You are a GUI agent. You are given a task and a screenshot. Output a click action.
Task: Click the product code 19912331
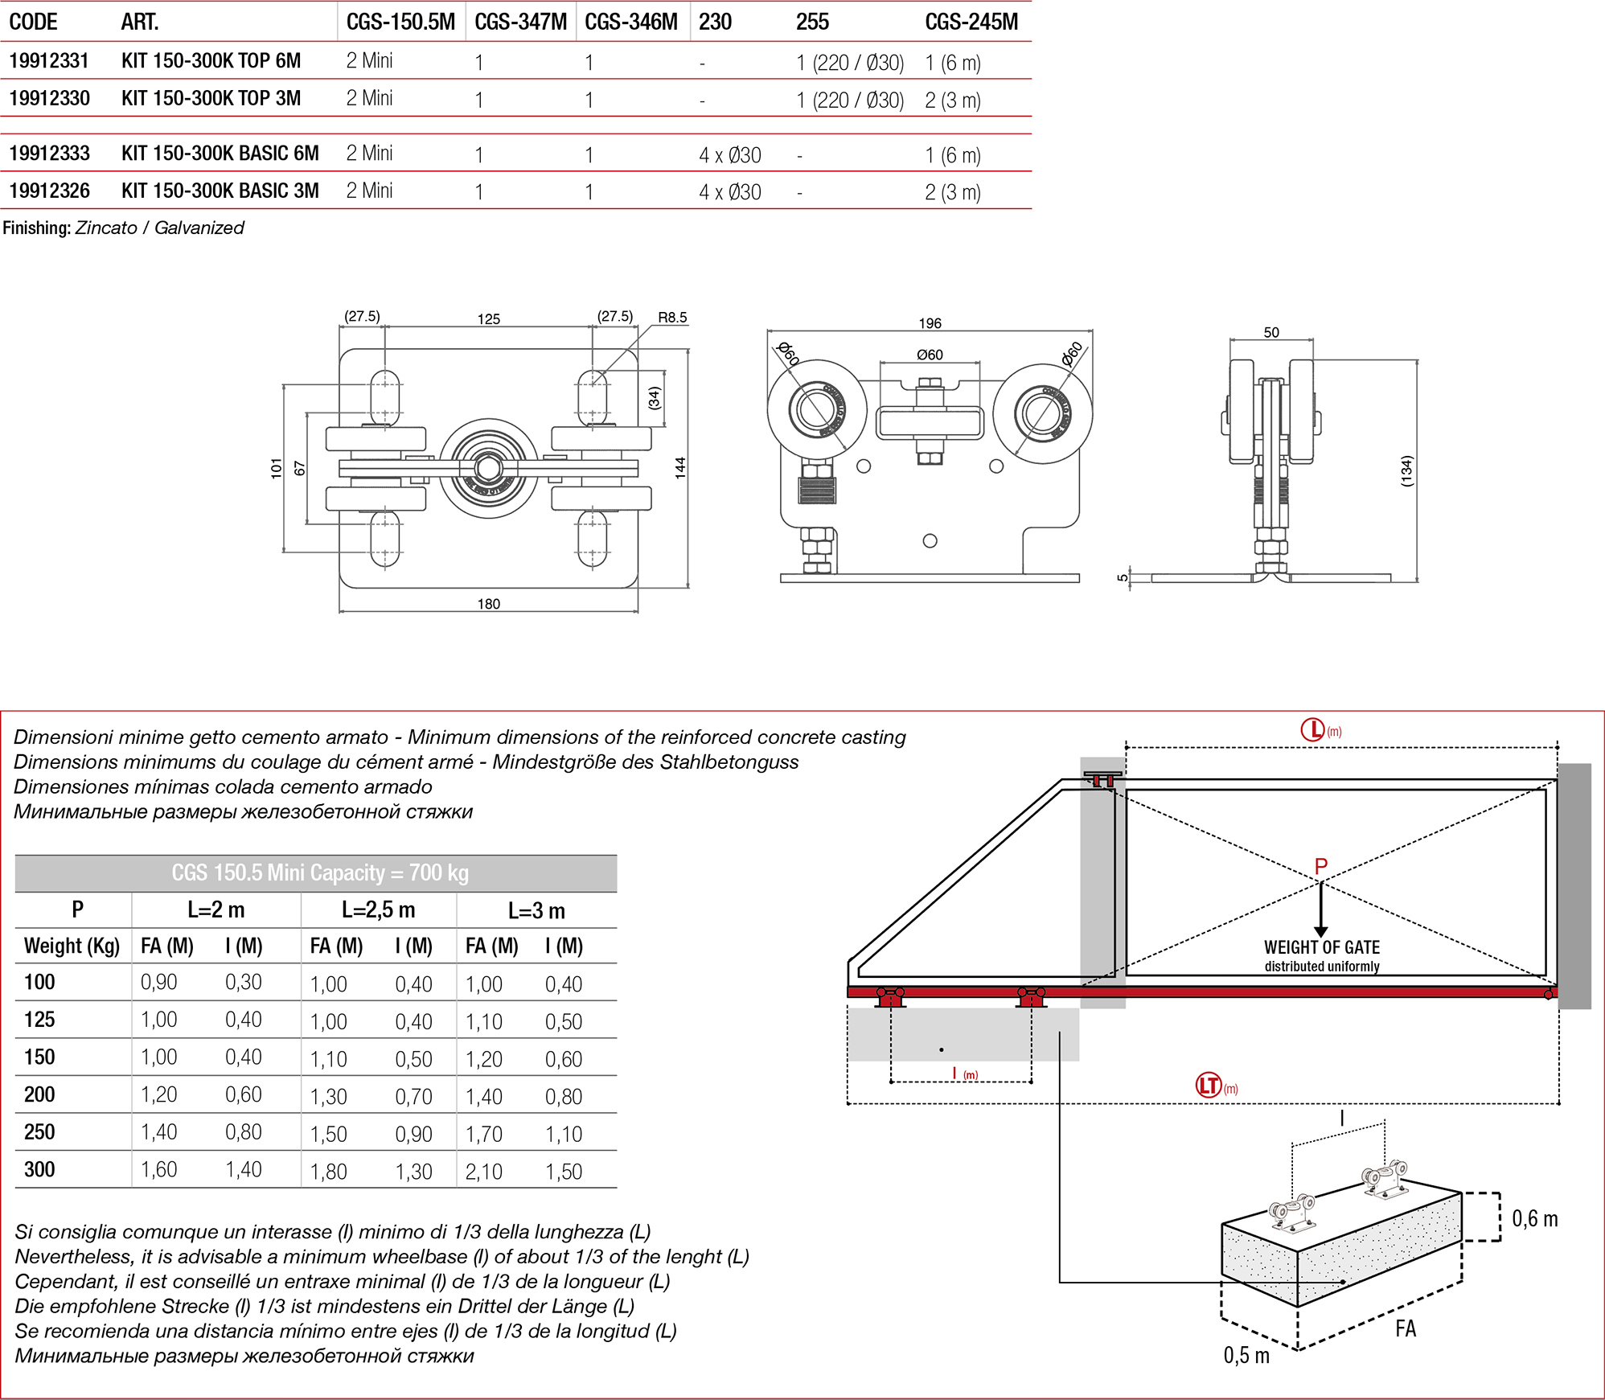pyautogui.click(x=49, y=61)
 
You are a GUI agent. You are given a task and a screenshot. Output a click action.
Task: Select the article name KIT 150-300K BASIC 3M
pyautogui.click(x=220, y=191)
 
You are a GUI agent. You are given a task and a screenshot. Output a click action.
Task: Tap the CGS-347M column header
pyautogui.click(x=520, y=22)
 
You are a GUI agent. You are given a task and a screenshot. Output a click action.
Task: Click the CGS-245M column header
pyautogui.click(x=971, y=22)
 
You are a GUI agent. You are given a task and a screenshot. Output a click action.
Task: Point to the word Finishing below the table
pyautogui.click(x=36, y=228)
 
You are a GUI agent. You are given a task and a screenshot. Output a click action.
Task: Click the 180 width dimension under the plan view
pyautogui.click(x=488, y=604)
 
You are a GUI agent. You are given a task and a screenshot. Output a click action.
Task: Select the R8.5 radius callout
pyautogui.click(x=672, y=318)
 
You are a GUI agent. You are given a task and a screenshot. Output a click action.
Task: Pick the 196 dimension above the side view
pyautogui.click(x=930, y=323)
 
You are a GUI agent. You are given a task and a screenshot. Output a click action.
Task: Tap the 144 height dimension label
pyautogui.click(x=680, y=468)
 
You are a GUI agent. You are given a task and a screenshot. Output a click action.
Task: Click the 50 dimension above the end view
pyautogui.click(x=1271, y=332)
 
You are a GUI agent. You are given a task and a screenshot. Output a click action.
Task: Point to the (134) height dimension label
pyautogui.click(x=1406, y=471)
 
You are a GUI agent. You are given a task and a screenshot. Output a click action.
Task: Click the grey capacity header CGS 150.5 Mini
pyautogui.click(x=319, y=873)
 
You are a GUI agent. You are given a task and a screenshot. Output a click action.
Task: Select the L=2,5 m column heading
pyautogui.click(x=378, y=910)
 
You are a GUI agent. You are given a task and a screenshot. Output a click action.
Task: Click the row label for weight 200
pyautogui.click(x=39, y=1094)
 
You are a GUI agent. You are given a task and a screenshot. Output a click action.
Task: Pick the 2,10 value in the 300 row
pyautogui.click(x=483, y=1172)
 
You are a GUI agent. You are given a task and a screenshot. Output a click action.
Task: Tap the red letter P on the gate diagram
pyautogui.click(x=1320, y=866)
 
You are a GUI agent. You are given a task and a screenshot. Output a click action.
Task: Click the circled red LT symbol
pyautogui.click(x=1209, y=1086)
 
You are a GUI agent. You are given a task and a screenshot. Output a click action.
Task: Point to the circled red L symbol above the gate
pyautogui.click(x=1312, y=729)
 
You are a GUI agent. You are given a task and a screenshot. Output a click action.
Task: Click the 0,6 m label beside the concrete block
pyautogui.click(x=1534, y=1219)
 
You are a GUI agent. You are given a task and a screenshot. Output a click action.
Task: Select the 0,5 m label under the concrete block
pyautogui.click(x=1246, y=1356)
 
